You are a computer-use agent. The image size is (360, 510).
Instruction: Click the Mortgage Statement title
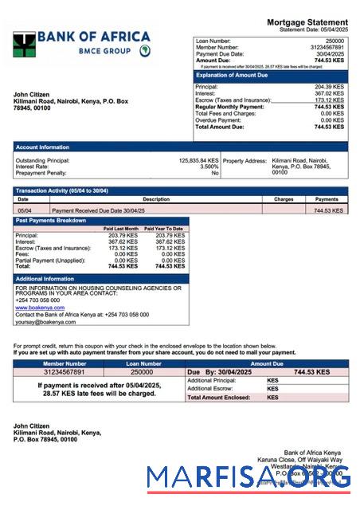coord(307,22)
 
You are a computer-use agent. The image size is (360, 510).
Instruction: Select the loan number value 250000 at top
coord(335,41)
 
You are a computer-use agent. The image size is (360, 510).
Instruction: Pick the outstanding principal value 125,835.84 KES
coord(198,160)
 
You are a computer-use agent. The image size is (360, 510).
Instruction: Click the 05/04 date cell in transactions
coord(25,210)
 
